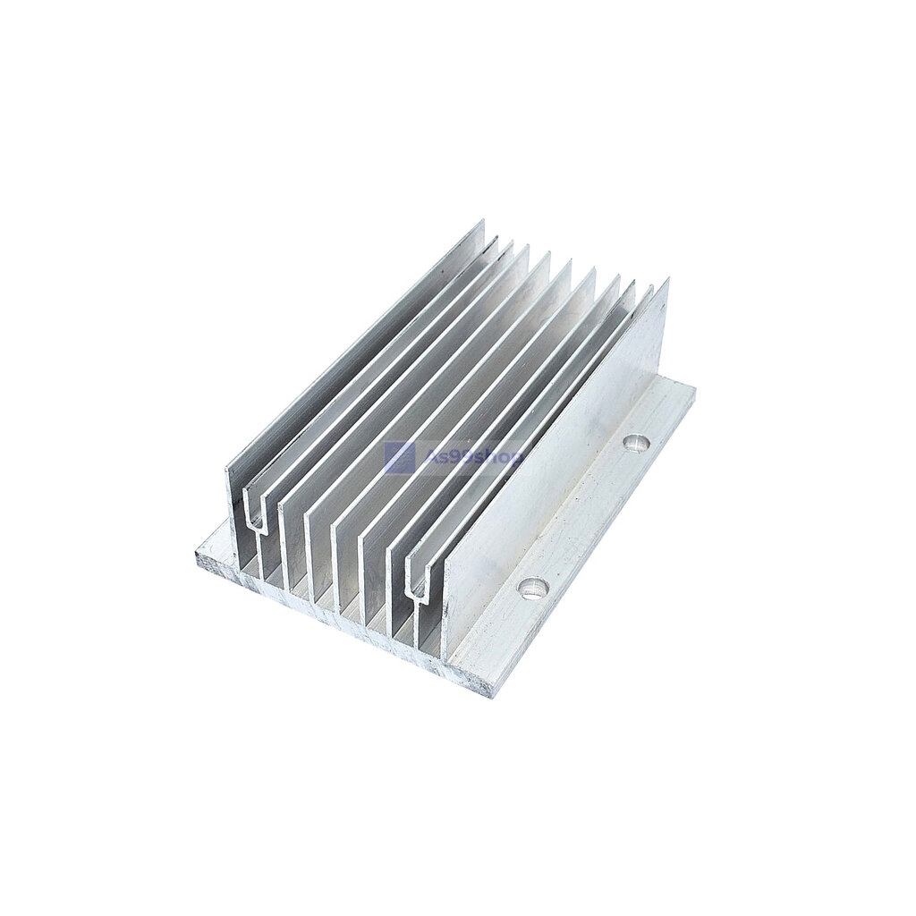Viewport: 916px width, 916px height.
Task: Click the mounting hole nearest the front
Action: pos(535,588)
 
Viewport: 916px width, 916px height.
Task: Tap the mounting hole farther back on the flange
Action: pos(637,442)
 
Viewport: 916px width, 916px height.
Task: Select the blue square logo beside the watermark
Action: pos(399,458)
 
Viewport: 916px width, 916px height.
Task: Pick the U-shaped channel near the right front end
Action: pos(416,577)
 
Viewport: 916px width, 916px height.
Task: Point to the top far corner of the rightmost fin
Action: pos(667,281)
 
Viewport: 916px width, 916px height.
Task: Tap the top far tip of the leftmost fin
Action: pos(483,222)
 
